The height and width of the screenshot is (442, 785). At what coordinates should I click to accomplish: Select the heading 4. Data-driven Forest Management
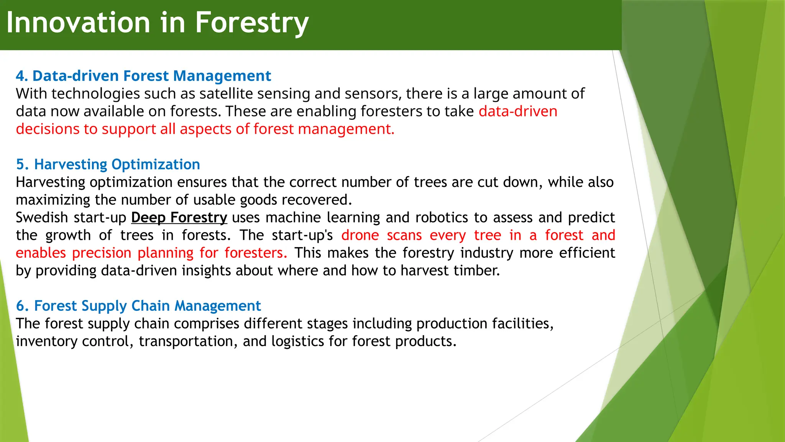click(143, 76)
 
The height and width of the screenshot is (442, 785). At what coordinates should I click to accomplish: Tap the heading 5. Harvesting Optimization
click(108, 165)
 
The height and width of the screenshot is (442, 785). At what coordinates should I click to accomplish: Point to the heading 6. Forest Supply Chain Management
click(138, 306)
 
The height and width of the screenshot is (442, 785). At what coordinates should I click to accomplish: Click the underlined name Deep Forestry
click(179, 218)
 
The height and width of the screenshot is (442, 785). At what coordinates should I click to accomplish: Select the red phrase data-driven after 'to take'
click(518, 111)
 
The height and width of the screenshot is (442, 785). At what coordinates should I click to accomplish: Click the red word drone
click(360, 235)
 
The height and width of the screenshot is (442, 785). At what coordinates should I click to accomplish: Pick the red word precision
click(102, 253)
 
